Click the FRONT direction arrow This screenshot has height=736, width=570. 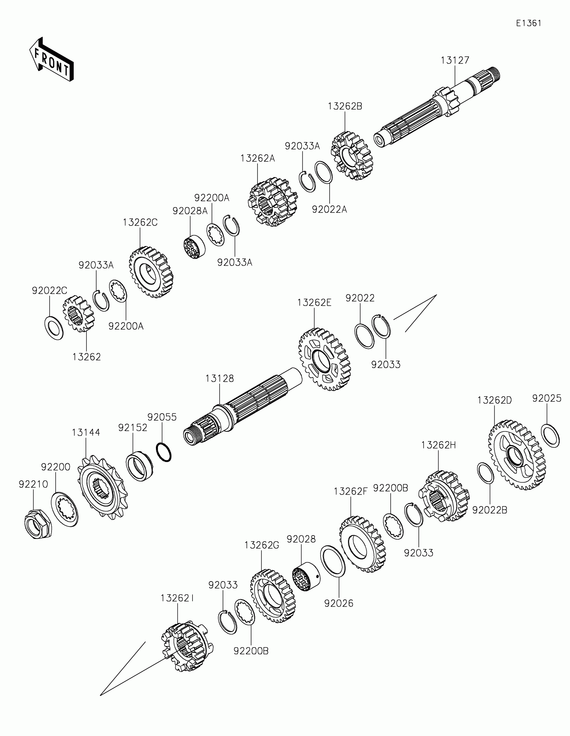(51, 59)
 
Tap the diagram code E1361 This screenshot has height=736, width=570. (528, 23)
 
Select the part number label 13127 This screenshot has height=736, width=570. (455, 60)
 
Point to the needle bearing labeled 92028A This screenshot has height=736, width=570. (194, 247)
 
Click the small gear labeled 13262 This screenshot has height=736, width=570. (78, 314)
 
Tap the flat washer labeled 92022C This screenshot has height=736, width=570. (54, 328)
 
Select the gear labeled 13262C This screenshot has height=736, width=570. (151, 271)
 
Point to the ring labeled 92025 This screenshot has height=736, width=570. (550, 436)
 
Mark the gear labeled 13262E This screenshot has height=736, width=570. (324, 359)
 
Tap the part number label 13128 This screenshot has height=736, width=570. (219, 378)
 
